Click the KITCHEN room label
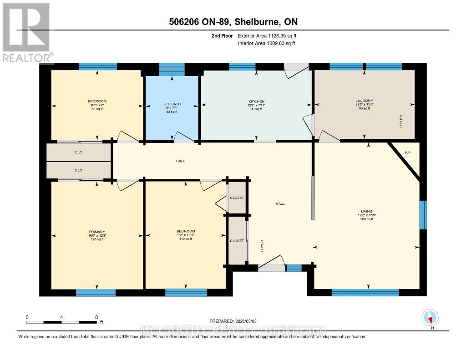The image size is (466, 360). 256,101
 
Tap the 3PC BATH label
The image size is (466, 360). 172,104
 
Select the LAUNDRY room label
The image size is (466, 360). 364,101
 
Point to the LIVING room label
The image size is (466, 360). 367,211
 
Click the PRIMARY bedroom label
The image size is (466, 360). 96,231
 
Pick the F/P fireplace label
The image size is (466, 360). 408,152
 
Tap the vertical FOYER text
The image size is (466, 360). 262,246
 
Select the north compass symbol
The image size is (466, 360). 430,318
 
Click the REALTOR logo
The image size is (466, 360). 26,32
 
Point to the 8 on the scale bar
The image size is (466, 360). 96,317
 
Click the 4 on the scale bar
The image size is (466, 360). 61,317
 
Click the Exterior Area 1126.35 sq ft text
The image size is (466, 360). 267,35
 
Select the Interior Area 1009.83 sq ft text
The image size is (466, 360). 267,43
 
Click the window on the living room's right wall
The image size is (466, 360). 423,215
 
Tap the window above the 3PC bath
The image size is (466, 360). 172,69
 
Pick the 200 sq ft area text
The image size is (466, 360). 367,219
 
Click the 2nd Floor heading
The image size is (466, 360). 223,35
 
